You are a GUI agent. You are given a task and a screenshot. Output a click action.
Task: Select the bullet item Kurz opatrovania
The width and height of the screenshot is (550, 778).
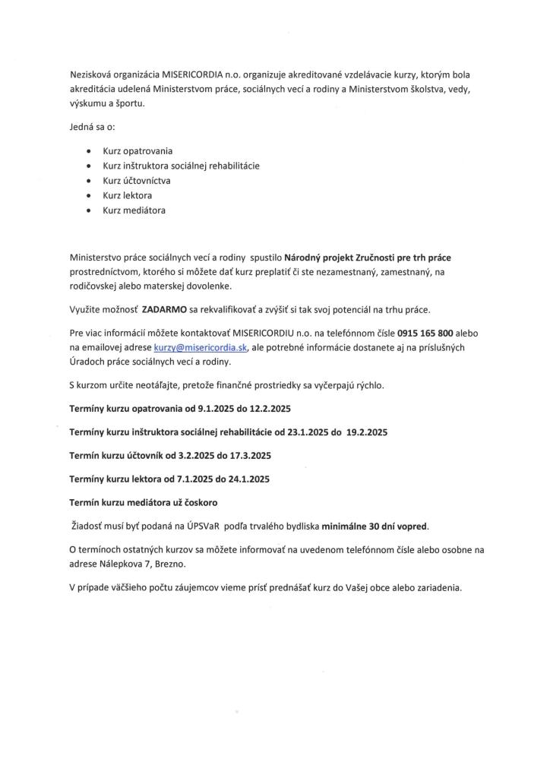tap(137, 151)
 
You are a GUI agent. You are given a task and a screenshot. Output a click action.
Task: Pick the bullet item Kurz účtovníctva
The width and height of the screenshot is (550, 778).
tap(137, 181)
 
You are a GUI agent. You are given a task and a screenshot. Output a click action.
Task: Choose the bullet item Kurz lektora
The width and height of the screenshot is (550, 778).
tap(128, 195)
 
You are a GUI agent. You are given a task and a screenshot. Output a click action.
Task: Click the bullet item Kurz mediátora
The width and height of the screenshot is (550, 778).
tap(134, 210)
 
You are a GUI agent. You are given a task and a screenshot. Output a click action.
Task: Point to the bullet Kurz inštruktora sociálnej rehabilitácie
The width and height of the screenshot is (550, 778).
tap(181, 166)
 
